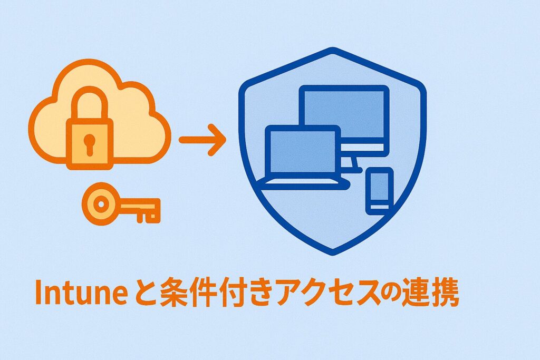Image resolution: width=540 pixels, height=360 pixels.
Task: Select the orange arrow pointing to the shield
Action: (x=202, y=140)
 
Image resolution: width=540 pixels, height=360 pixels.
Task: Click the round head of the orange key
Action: (x=101, y=204)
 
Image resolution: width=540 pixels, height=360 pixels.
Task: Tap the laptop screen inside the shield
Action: (x=303, y=151)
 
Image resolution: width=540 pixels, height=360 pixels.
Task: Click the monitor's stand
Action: (x=353, y=163)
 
